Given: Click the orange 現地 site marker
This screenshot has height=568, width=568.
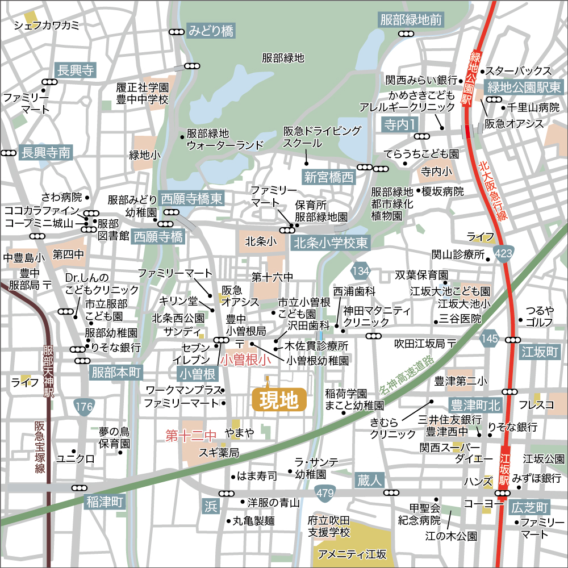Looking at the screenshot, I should coord(278,400).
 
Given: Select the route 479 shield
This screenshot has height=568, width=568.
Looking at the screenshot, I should coord(325,494).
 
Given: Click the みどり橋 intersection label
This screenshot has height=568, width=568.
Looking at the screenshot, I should coord(211,31).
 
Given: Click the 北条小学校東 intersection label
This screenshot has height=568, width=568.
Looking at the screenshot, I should coord(332,243).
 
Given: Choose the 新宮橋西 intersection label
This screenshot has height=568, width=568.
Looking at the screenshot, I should coord(328,177).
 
